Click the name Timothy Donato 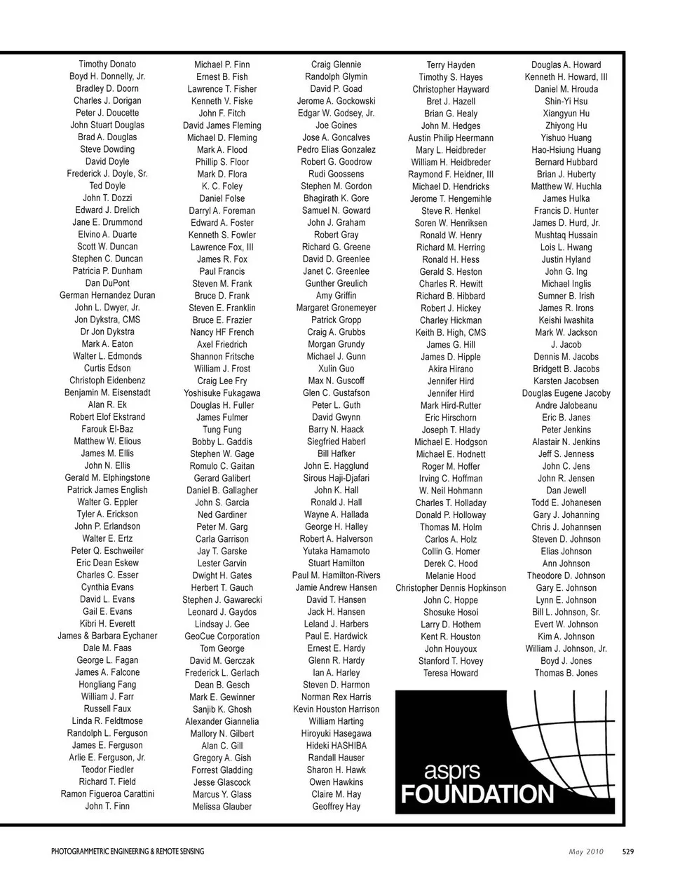(x=107, y=64)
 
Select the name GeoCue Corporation (x=222, y=636)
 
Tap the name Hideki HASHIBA (x=336, y=746)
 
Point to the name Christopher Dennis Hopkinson (x=451, y=588)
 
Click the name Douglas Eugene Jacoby (x=566, y=393)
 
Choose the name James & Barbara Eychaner (x=107, y=636)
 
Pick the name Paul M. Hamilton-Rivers (x=336, y=575)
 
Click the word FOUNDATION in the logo (x=477, y=794)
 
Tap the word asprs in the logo (x=452, y=772)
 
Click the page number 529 (x=628, y=852)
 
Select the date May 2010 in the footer (x=585, y=852)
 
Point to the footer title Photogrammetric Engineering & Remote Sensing (x=128, y=852)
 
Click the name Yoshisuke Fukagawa (x=222, y=393)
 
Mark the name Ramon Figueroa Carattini (x=107, y=794)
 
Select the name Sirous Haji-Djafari (x=336, y=478)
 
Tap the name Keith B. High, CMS (x=451, y=332)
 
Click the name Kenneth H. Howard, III (x=566, y=77)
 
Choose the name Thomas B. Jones (x=566, y=673)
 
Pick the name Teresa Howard (x=451, y=673)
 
